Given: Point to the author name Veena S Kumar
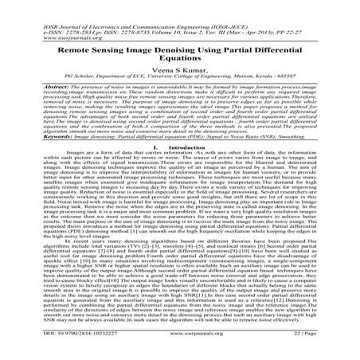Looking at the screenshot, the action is pyautogui.click(x=180, y=72).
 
